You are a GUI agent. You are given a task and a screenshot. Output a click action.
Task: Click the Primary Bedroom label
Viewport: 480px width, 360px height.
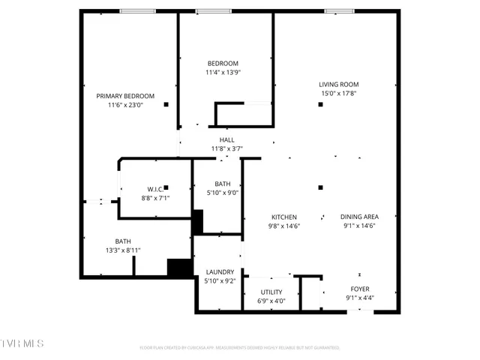tap(125, 96)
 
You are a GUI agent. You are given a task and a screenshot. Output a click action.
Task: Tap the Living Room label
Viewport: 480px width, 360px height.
tap(339, 84)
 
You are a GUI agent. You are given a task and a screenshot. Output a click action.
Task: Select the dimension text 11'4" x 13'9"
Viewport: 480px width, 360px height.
tap(223, 73)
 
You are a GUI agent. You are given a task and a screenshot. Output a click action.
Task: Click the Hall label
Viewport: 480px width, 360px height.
tap(226, 139)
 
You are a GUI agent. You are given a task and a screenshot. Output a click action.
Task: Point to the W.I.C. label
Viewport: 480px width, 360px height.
tap(155, 189)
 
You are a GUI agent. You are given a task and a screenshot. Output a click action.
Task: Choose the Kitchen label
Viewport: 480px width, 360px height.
tap(284, 217)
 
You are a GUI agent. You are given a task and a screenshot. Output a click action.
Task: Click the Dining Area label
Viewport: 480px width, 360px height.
tap(359, 217)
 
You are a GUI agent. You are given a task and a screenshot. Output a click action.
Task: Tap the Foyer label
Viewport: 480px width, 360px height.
tap(360, 289)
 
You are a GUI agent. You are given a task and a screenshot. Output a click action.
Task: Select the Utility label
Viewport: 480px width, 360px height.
tap(271, 292)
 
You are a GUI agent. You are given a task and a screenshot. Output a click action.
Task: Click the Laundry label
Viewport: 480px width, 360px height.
tap(220, 271)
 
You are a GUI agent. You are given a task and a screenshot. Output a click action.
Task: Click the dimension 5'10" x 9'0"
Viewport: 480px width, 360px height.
tap(223, 193)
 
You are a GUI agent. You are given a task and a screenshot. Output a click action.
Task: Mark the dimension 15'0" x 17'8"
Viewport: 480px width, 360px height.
tap(339, 94)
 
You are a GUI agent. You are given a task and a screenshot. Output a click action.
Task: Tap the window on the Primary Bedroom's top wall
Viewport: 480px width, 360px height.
tap(133, 10)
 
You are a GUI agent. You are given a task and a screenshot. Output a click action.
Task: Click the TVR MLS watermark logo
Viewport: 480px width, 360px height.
tap(22, 343)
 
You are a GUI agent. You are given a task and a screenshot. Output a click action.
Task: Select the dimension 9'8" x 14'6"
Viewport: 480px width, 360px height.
tap(284, 226)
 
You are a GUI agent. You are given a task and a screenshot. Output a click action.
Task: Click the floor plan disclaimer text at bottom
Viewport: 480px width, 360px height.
tap(240, 348)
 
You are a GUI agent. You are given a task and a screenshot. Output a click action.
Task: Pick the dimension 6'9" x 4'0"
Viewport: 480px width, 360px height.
tap(271, 301)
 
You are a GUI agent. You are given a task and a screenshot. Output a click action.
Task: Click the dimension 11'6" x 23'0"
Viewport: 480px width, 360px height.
tap(125, 106)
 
